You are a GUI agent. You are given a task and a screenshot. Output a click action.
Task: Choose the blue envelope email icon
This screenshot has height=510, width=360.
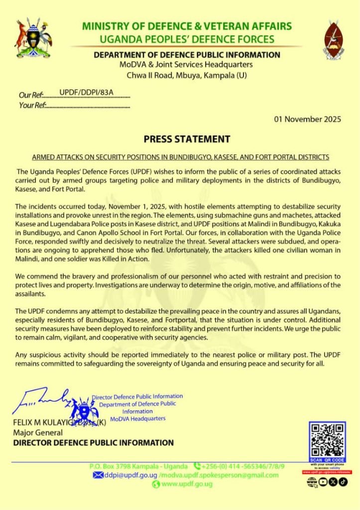tap(98, 475)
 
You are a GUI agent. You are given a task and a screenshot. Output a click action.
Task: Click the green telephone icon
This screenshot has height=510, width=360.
tap(197, 466)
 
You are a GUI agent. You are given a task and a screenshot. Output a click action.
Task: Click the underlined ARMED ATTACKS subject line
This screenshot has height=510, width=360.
tap(180, 157)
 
